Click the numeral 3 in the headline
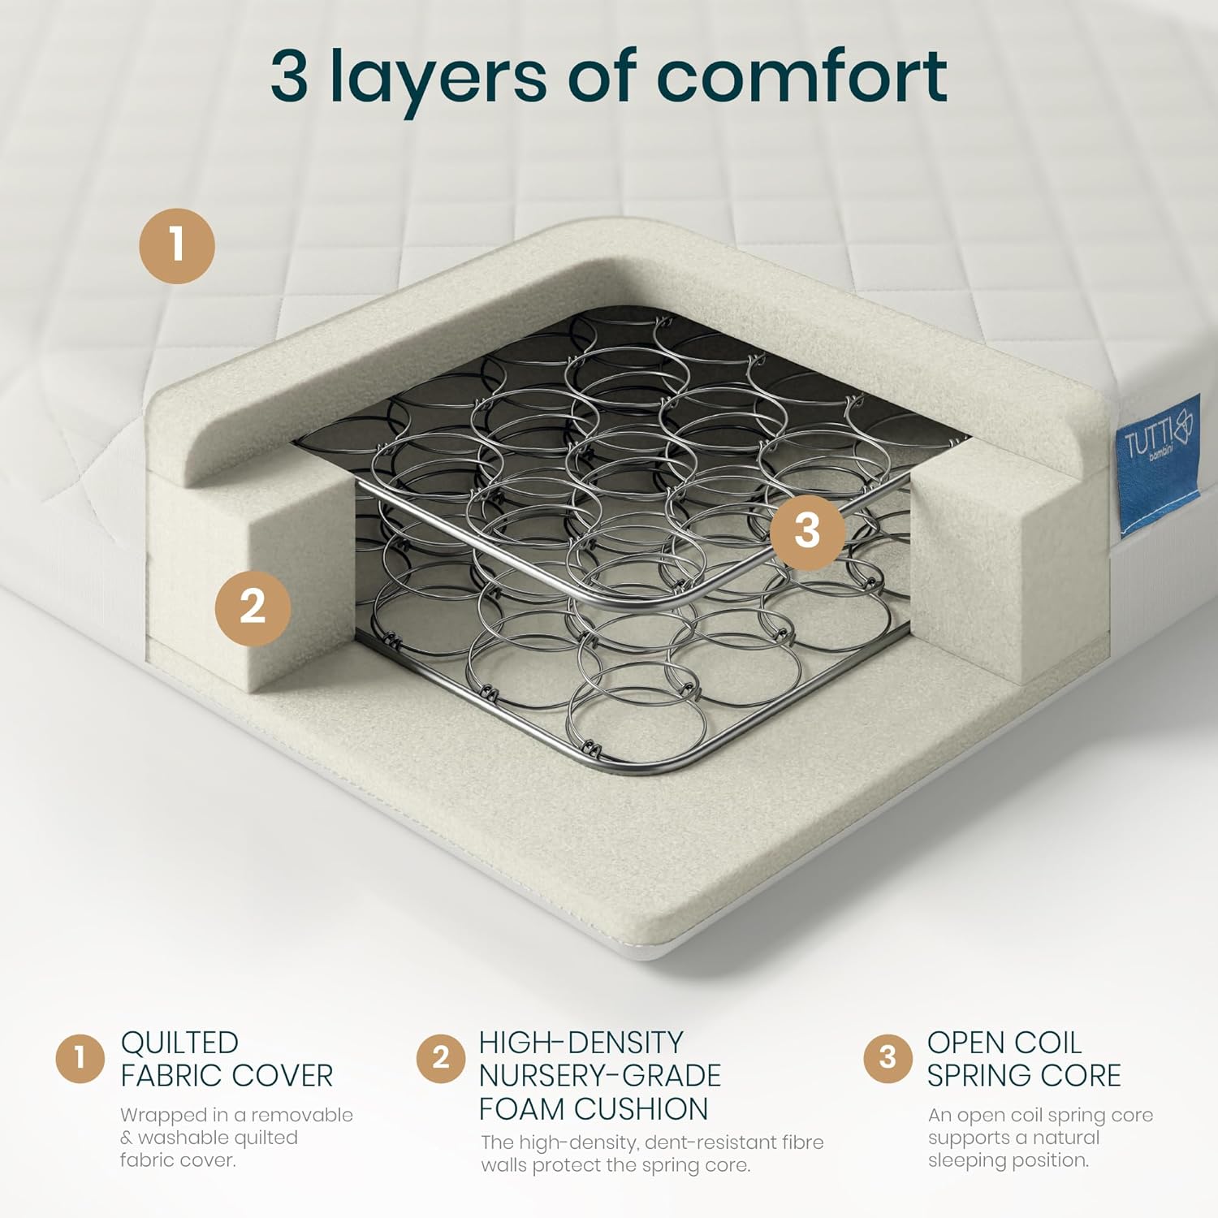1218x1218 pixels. click(289, 76)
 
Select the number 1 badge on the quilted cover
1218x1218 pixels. click(177, 245)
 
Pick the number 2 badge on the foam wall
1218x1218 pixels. click(253, 607)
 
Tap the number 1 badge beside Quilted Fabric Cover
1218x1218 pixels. click(80, 1058)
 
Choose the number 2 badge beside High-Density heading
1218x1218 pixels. click(441, 1058)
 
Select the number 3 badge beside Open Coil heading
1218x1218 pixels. click(888, 1058)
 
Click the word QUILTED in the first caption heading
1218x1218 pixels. click(179, 1043)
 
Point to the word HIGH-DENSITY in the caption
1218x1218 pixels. click(581, 1043)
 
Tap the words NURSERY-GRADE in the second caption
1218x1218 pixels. click(600, 1076)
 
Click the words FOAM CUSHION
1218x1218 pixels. click(594, 1109)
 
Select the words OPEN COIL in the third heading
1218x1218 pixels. click(1004, 1043)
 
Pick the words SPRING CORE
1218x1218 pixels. click(1024, 1076)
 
